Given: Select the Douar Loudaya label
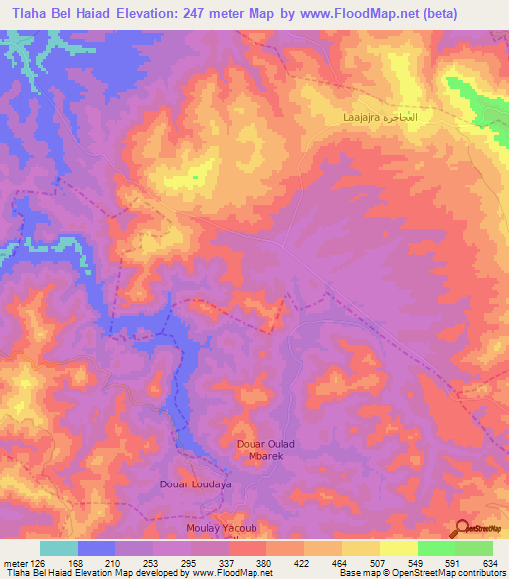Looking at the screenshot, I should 195,484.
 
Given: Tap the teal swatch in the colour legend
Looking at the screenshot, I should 59,548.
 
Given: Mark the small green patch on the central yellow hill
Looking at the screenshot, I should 195,177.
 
